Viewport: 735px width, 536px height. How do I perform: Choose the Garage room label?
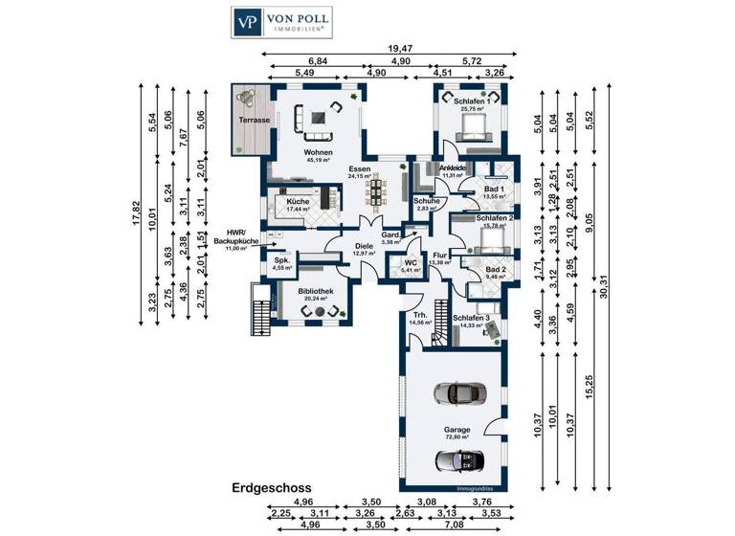(457, 431)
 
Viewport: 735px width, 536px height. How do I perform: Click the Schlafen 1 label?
(472, 101)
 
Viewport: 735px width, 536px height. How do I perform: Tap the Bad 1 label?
(494, 190)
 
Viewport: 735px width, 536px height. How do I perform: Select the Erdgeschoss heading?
(272, 487)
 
